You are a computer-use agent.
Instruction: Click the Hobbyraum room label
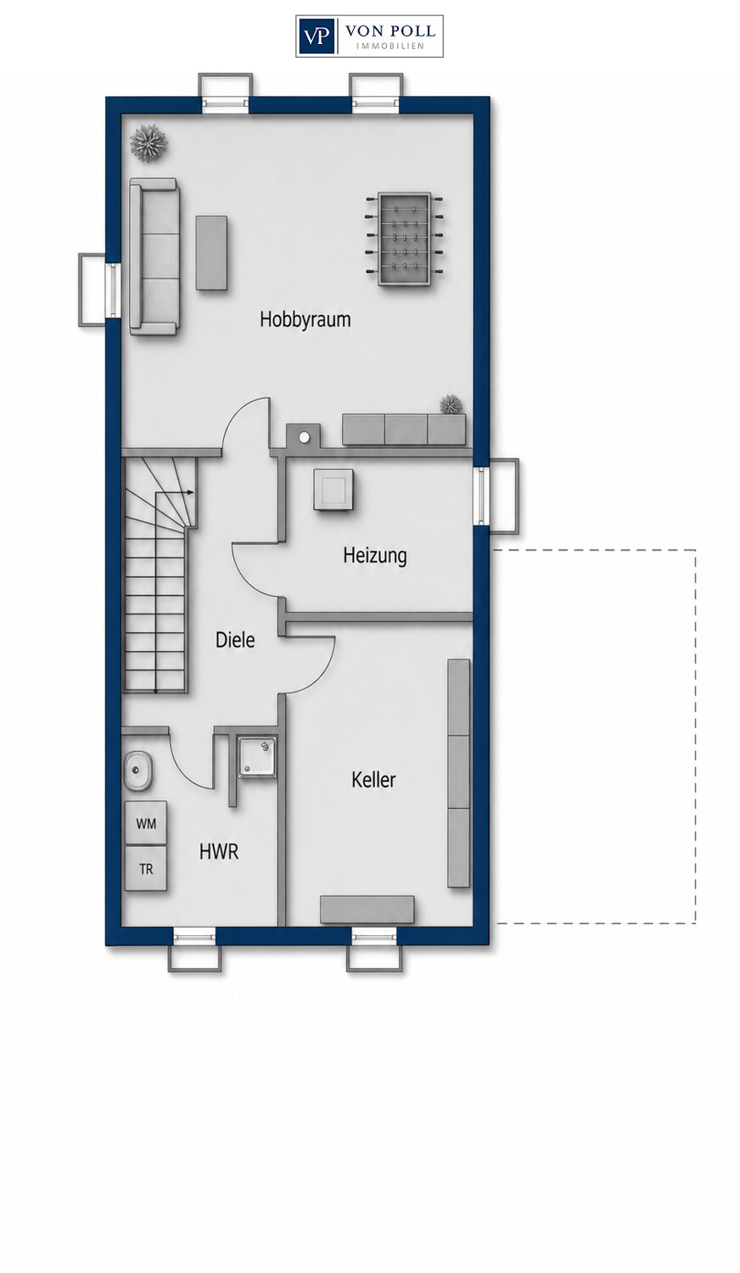tap(306, 319)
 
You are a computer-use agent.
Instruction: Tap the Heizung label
tap(375, 555)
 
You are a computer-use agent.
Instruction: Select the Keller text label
tap(373, 780)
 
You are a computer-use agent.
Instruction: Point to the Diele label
tap(235, 641)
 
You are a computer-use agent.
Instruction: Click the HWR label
tap(219, 852)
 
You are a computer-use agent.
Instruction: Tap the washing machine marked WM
tap(146, 823)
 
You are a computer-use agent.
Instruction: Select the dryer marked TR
tap(146, 869)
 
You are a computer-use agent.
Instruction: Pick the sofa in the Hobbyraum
tap(154, 256)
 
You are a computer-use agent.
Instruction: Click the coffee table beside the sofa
tap(211, 253)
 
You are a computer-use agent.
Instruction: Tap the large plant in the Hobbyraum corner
tap(149, 143)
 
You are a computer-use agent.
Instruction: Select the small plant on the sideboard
tap(451, 405)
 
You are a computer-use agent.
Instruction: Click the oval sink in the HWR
tap(137, 771)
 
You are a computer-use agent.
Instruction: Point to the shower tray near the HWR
tap(257, 757)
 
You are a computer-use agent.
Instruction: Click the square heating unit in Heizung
tap(334, 490)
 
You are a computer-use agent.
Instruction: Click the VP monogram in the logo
tap(317, 36)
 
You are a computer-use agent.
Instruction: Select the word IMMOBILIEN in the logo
tap(390, 46)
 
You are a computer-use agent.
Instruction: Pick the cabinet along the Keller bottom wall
tap(367, 910)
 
